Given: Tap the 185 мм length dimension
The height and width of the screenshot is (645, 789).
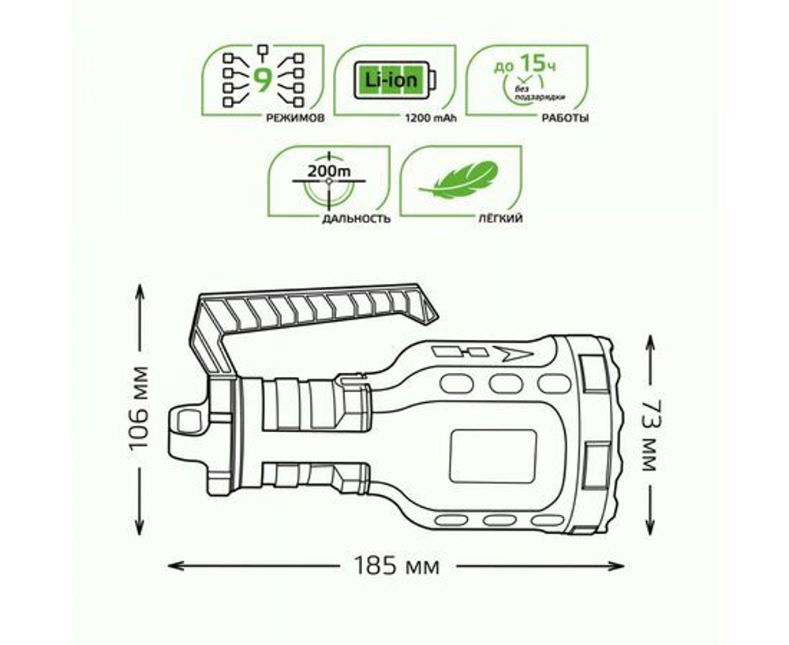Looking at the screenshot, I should [x=396, y=566].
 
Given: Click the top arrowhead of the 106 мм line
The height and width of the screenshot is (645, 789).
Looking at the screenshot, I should [x=140, y=290].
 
